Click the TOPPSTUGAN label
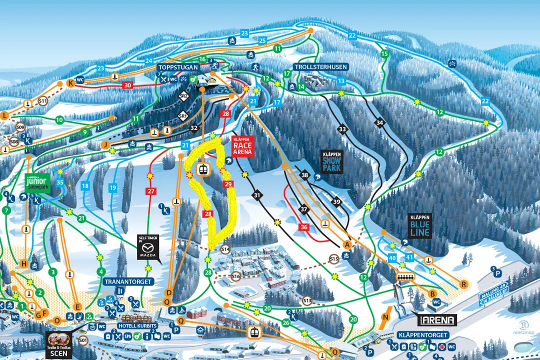click(x=175, y=67)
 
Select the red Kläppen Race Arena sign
click(x=242, y=145)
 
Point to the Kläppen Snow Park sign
click(x=331, y=161)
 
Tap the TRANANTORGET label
click(x=128, y=281)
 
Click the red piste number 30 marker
click(x=128, y=85)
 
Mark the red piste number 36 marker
click(x=304, y=227)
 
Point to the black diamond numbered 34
click(x=380, y=122)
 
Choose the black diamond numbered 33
click(x=342, y=129)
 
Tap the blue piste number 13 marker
click(x=341, y=81)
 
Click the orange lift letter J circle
click(x=105, y=144)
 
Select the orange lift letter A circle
click(x=345, y=244)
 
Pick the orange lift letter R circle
click(x=463, y=284)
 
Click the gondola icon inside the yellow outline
click(x=203, y=168)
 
